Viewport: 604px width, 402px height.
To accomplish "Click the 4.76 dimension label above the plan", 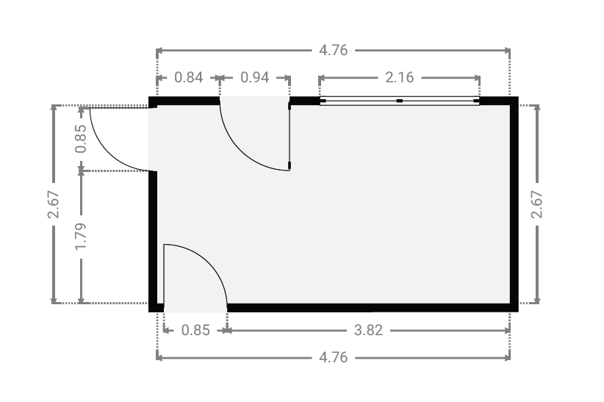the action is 333,51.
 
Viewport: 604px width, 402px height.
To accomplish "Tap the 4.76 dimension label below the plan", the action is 333,358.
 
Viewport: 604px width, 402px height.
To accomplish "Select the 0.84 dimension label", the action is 188,77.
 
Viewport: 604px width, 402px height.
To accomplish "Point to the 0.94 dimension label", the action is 254,77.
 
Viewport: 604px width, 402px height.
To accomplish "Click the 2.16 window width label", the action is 400,77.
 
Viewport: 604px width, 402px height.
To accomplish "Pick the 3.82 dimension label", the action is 368,330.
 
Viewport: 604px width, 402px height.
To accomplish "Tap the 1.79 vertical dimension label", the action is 81,236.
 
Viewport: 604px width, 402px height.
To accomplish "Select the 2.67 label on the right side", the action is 536,204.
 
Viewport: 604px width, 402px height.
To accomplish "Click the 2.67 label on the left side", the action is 54,204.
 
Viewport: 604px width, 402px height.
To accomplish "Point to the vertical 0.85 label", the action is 81,139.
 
